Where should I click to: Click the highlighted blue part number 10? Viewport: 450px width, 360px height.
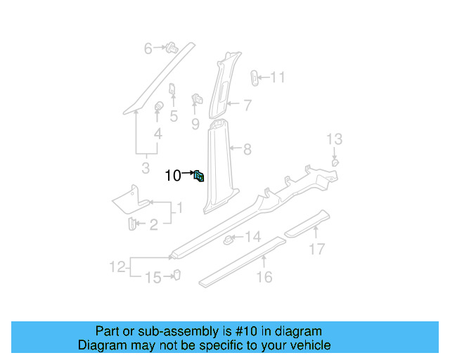point(200,176)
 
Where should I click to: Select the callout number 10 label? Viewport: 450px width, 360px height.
point(173,176)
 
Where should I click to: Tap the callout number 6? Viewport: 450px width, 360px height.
point(148,49)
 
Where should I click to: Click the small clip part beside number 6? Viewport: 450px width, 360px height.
point(170,48)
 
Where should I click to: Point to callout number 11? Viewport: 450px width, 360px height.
point(278,77)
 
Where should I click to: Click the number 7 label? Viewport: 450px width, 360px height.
point(247,106)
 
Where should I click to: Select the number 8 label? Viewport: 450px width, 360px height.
point(247,149)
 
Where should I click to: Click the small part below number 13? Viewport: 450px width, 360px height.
point(335,162)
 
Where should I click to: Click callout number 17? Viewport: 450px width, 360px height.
point(317,248)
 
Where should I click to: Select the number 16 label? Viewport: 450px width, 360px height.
point(264,277)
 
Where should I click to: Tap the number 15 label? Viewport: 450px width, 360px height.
point(153,278)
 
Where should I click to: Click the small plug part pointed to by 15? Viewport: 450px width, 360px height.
point(177,275)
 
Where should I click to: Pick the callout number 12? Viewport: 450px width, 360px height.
point(117,266)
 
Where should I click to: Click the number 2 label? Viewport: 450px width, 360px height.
point(153,224)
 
